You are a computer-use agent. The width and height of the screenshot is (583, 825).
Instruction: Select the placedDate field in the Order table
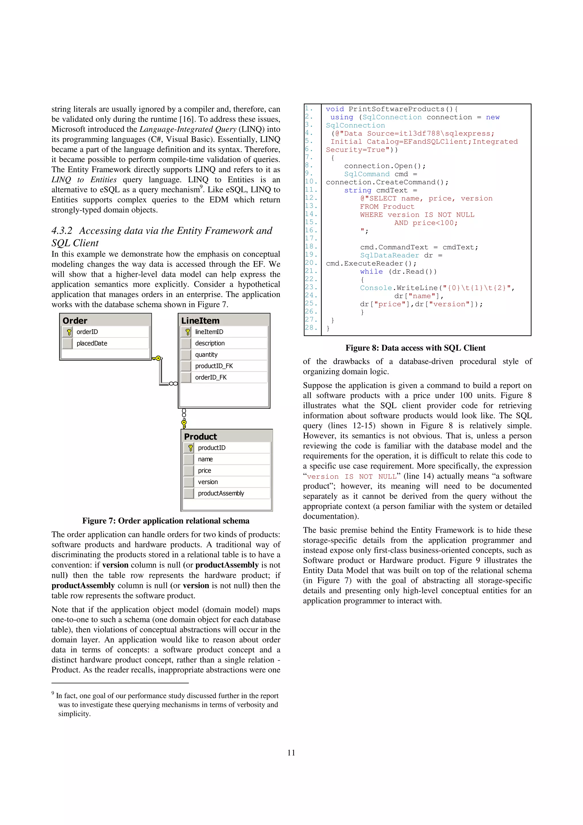tap(92, 343)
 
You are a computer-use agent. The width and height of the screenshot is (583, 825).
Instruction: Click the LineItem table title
tap(200, 320)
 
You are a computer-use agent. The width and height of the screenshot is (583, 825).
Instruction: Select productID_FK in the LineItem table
tap(214, 366)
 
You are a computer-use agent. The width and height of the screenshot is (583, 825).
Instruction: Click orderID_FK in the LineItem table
tap(211, 377)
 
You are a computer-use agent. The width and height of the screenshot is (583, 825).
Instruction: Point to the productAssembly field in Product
tap(221, 493)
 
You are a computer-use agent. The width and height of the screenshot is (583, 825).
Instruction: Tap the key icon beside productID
tap(190, 448)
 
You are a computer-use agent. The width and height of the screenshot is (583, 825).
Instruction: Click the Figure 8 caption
tap(415, 348)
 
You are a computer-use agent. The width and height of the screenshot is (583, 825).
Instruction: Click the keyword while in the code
tap(371, 272)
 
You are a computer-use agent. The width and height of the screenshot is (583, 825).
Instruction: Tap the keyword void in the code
tap(334, 109)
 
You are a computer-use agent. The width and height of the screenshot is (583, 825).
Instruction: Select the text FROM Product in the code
tap(387, 207)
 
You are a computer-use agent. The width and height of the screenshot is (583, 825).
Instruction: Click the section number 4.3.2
tap(62, 231)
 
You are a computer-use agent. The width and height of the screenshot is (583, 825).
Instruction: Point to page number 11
tap(291, 752)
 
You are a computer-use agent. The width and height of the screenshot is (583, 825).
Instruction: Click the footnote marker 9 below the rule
tap(53, 693)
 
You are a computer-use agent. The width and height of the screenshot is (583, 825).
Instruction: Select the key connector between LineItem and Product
tap(184, 424)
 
